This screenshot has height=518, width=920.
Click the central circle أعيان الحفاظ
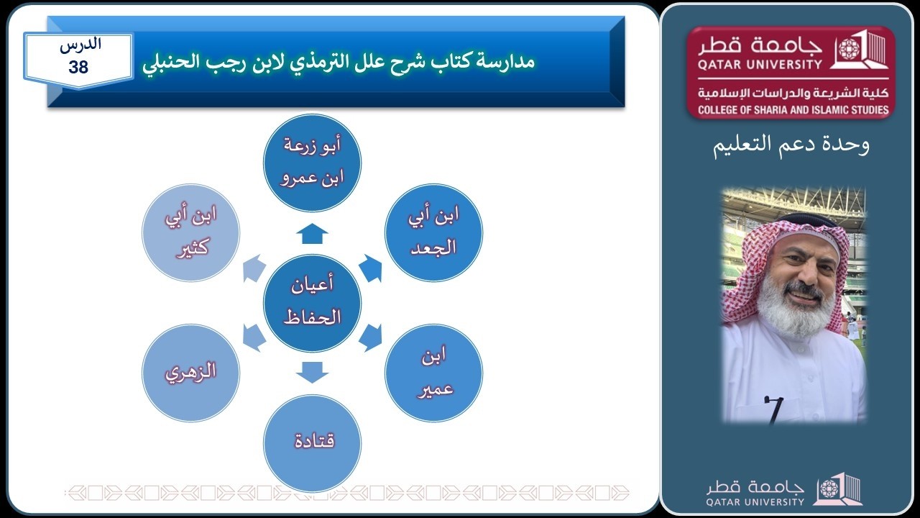pos(312,304)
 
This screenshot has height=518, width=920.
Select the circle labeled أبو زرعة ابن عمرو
pos(312,163)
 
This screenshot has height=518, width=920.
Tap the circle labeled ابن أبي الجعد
pos(433,232)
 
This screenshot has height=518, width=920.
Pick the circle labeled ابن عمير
pos(433,373)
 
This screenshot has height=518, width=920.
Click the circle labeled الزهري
pos(190,373)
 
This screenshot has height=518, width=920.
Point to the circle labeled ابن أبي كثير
pos(190,232)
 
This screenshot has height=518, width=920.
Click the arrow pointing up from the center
pos(312,234)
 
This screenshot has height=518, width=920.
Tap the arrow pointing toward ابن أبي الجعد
pos(370,268)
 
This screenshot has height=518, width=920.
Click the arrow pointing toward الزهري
pos(253,337)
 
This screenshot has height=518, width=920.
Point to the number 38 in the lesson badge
pos(78,68)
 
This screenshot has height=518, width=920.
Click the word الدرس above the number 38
pos(80,45)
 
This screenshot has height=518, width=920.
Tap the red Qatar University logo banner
pos(790,72)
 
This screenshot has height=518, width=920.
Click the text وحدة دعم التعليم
pos(791,145)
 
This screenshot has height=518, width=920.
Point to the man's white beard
pos(788,309)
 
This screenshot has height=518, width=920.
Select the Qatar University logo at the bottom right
pos(784,490)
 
